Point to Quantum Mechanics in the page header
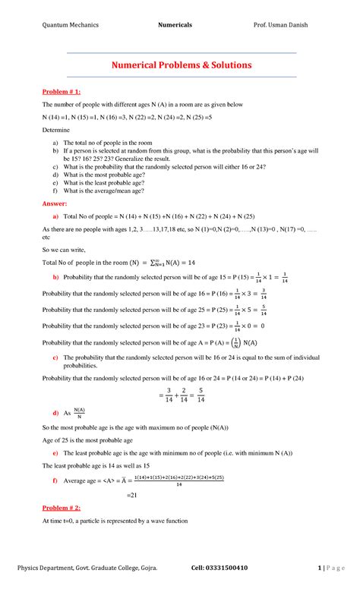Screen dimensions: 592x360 click(70, 25)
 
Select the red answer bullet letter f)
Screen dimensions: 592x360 click(55, 480)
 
